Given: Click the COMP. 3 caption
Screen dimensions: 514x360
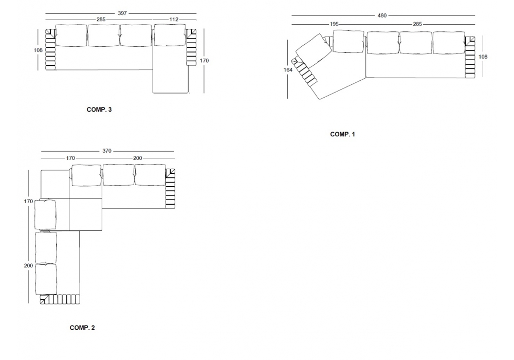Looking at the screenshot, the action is (x=99, y=110).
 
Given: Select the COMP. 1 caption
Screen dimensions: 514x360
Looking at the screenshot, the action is (x=342, y=134).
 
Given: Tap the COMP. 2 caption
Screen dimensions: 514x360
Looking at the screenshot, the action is (x=82, y=328).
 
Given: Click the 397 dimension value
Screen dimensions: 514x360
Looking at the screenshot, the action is (x=122, y=13).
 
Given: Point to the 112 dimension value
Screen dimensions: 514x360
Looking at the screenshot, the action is (x=174, y=20).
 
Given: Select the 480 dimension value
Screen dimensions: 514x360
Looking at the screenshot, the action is (x=382, y=15).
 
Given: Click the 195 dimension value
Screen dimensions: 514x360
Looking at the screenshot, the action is (x=334, y=24).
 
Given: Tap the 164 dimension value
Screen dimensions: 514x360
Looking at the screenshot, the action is (x=288, y=70).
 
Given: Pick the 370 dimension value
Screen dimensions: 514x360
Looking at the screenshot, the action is (x=107, y=151).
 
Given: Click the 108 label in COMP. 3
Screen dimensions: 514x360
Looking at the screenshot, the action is (x=38, y=50).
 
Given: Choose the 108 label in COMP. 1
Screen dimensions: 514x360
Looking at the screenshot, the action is (x=483, y=57).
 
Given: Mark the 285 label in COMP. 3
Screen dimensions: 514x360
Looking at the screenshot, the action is (x=101, y=20).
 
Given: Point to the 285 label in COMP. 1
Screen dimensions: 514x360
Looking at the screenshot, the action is (x=417, y=24).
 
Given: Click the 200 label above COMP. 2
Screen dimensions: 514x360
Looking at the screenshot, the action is (x=138, y=158).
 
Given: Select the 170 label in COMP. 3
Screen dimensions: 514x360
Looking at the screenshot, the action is (x=204, y=60).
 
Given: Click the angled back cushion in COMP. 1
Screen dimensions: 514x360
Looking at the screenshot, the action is (x=314, y=49).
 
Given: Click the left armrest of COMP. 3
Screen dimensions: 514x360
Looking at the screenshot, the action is (x=50, y=49).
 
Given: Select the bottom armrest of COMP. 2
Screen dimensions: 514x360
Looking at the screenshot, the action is (x=60, y=299).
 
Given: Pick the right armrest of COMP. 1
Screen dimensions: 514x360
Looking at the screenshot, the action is (x=470, y=57).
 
